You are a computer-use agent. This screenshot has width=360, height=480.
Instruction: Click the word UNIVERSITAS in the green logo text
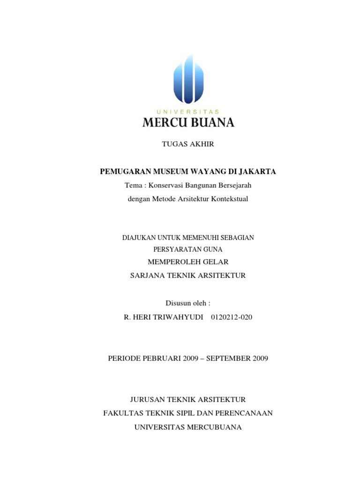point(188,112)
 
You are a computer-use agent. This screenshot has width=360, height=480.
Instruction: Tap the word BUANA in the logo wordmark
point(211,123)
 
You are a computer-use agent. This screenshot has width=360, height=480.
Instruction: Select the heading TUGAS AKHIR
point(188,144)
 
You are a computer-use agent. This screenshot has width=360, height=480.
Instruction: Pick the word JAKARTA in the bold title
point(258,172)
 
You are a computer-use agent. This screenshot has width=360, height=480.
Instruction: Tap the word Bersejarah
point(232,185)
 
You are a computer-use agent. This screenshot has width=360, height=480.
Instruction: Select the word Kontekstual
point(228,199)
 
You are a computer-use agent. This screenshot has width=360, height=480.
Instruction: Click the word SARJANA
point(146,275)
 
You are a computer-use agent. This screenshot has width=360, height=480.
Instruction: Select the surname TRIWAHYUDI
point(178,317)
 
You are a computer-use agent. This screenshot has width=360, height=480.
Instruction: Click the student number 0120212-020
point(232,317)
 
